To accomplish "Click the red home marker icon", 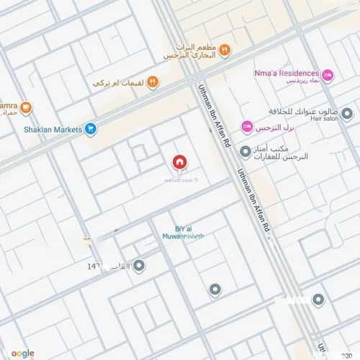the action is pyautogui.click(x=179, y=163).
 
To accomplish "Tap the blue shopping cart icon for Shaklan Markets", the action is pyautogui.click(x=91, y=129).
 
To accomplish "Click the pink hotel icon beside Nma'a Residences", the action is pyautogui.click(x=328, y=73).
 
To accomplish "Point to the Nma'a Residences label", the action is pyautogui.click(x=287, y=73).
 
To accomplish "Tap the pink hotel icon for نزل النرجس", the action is pyautogui.click(x=247, y=127).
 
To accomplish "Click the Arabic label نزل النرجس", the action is pyautogui.click(x=274, y=127).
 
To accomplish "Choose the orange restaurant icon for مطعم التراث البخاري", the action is pyautogui.click(x=225, y=50).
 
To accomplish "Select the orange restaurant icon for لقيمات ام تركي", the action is pyautogui.click(x=153, y=83).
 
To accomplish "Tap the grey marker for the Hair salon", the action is pyautogui.click(x=347, y=114).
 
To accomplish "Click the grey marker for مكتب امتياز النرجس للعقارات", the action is pyautogui.click(x=246, y=151).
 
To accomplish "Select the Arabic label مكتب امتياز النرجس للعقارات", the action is pyautogui.click(x=282, y=152).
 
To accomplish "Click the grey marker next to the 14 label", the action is pyautogui.click(x=139, y=266).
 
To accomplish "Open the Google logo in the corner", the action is pyautogui.click(x=22, y=353).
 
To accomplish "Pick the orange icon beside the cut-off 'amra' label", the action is pyautogui.click(x=26, y=108).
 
